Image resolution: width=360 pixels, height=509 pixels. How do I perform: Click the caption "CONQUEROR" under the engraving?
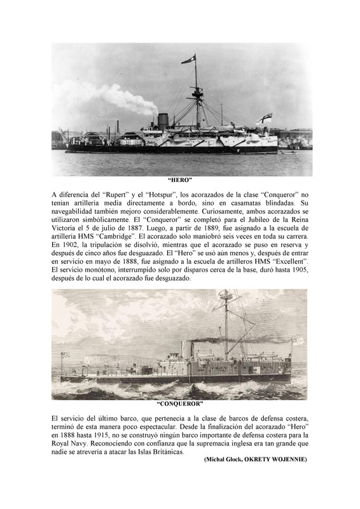pyautogui.click(x=180, y=403)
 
